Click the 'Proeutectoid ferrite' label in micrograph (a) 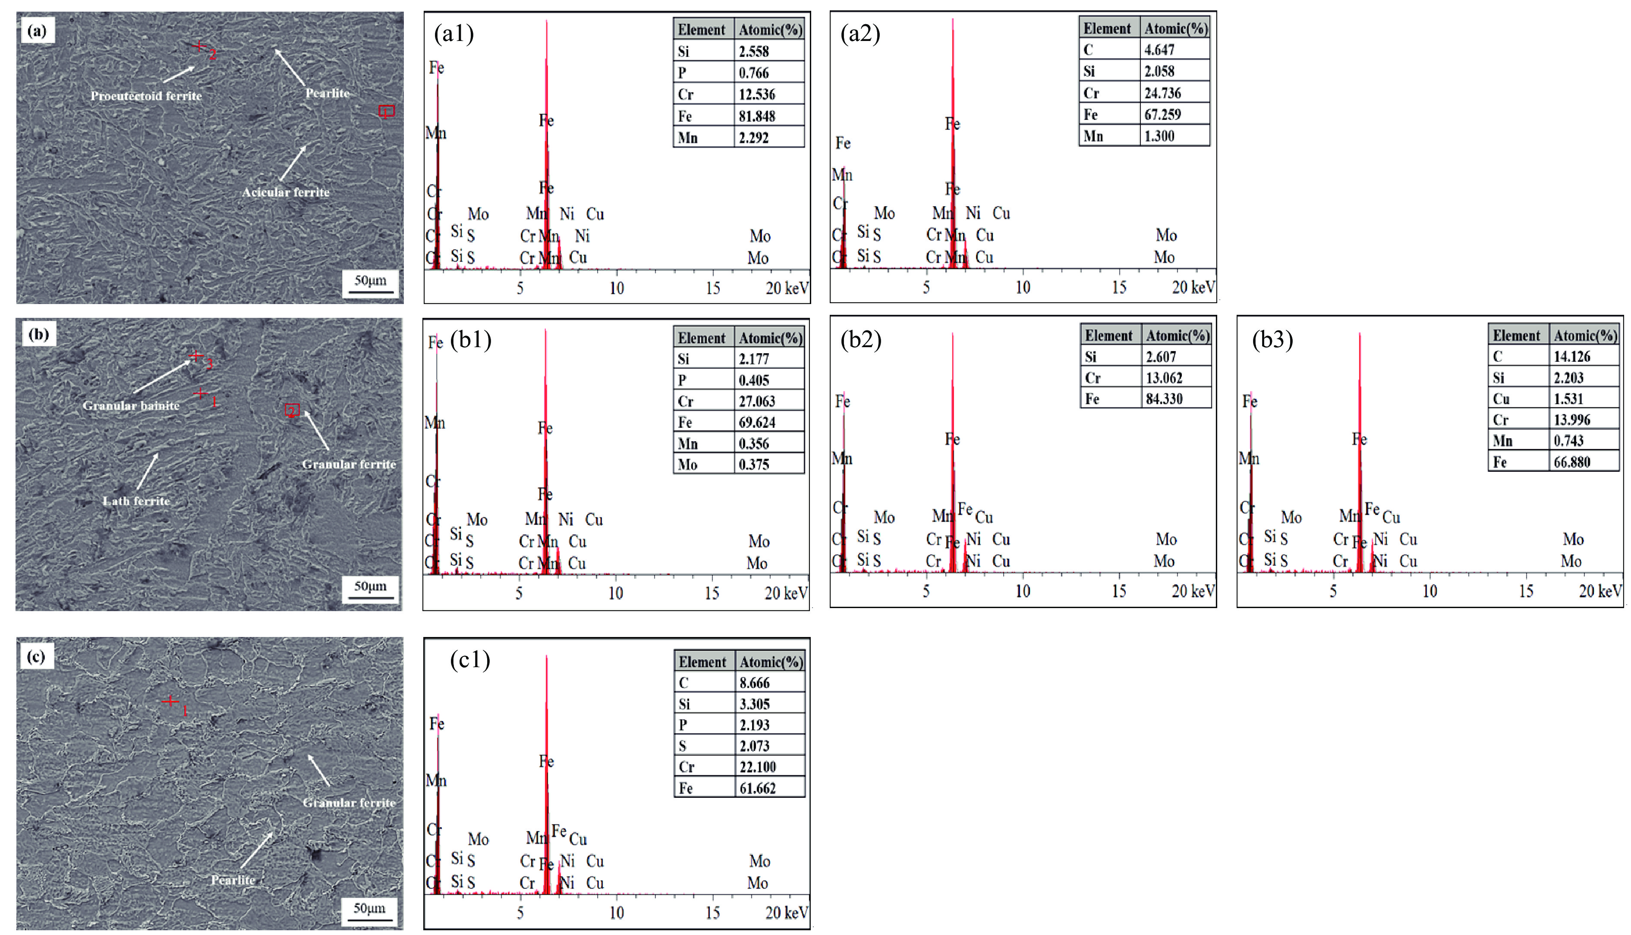pyautogui.click(x=146, y=96)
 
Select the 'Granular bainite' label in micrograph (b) pyautogui.click(x=131, y=405)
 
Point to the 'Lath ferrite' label pyautogui.click(x=136, y=501)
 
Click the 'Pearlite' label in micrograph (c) pyautogui.click(x=233, y=880)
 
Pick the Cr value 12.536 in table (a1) pyautogui.click(x=757, y=94)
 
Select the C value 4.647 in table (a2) pyautogui.click(x=1159, y=50)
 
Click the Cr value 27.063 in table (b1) pyautogui.click(x=757, y=402)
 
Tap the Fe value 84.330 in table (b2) pyautogui.click(x=1164, y=399)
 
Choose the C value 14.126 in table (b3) pyautogui.click(x=1572, y=356)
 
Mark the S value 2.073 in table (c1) pyautogui.click(x=754, y=746)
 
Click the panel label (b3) pyautogui.click(x=1272, y=339)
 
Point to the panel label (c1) pyautogui.click(x=469, y=659)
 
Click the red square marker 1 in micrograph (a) pyautogui.click(x=386, y=111)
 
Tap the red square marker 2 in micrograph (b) pyautogui.click(x=292, y=410)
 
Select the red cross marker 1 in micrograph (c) pyautogui.click(x=170, y=701)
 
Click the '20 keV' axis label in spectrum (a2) pyautogui.click(x=1193, y=287)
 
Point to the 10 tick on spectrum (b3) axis pyautogui.click(x=1429, y=591)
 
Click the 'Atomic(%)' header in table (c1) pyautogui.click(x=771, y=662)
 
